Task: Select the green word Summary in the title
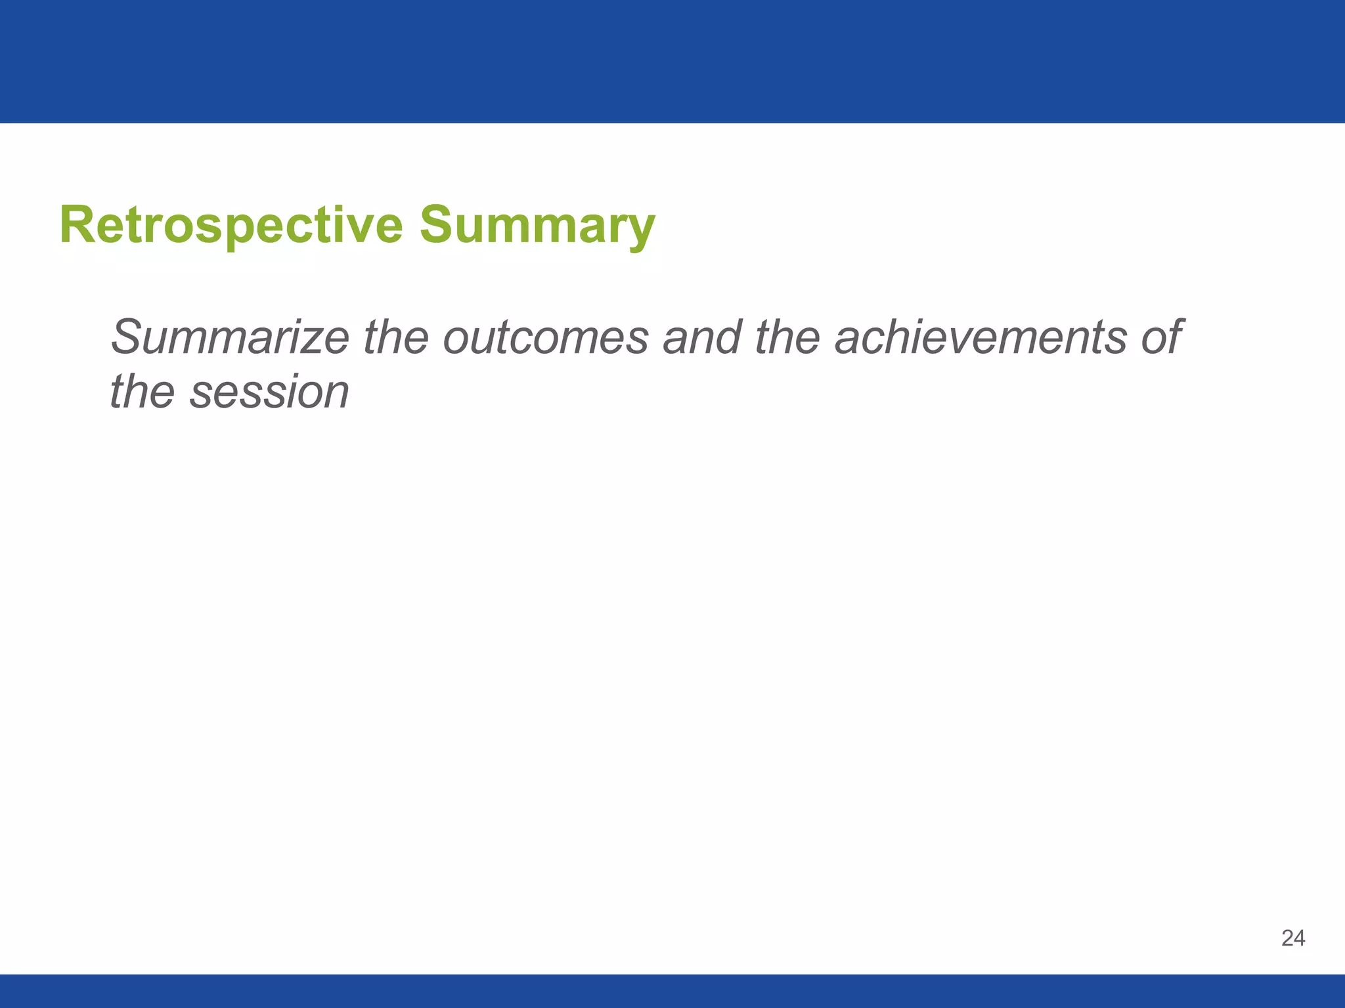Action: pos(537,225)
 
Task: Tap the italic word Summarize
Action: pos(230,337)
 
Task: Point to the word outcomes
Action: pos(546,337)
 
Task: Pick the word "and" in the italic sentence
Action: pos(702,337)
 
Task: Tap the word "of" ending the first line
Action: pos(1162,337)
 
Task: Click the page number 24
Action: pos(1292,938)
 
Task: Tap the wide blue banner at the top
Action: pos(672,61)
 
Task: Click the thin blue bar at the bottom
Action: pos(672,991)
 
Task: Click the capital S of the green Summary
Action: pos(437,225)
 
